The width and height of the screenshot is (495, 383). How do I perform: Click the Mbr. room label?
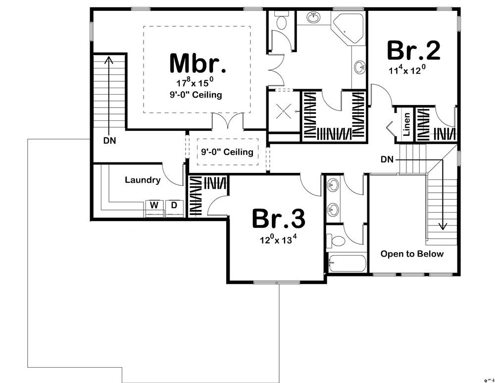(x=198, y=63)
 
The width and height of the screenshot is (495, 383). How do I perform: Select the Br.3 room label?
(x=278, y=219)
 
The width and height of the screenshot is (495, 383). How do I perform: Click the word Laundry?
(x=142, y=180)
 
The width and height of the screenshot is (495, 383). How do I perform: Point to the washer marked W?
(x=154, y=205)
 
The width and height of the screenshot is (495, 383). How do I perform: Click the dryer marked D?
(x=174, y=205)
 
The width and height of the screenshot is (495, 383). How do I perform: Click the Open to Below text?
(x=412, y=254)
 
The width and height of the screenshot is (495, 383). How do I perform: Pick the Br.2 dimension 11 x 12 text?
(x=407, y=70)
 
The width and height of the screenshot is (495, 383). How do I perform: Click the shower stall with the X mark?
(x=283, y=112)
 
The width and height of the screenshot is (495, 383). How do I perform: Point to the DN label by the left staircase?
(x=110, y=140)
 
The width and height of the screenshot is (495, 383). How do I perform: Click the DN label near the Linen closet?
(x=387, y=160)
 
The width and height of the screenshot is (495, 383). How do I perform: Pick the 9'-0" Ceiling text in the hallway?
(x=227, y=152)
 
